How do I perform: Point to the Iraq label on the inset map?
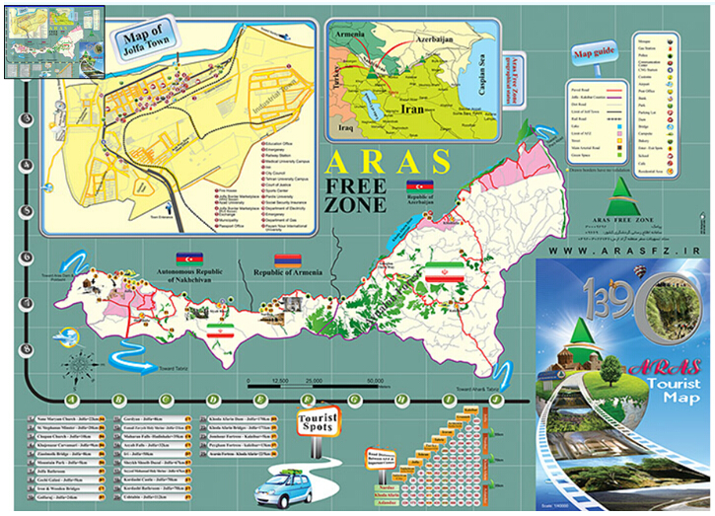[x=344, y=128]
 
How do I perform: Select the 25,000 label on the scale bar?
[x=314, y=380]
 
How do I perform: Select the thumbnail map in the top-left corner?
[x=54, y=39]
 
